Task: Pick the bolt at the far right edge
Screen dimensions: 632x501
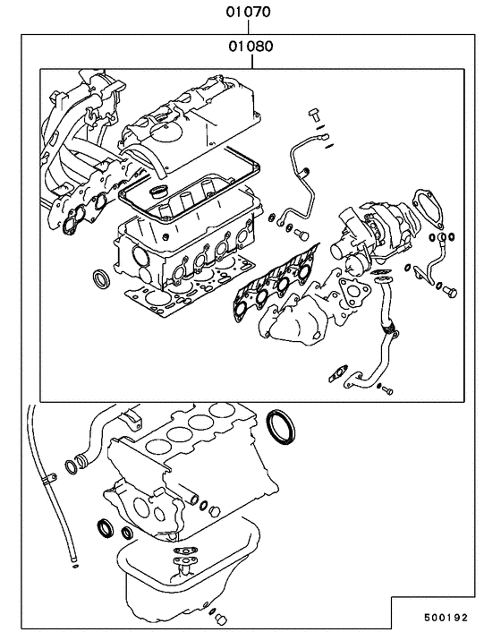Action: (x=448, y=291)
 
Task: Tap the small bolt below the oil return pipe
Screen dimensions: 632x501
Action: (x=386, y=390)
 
